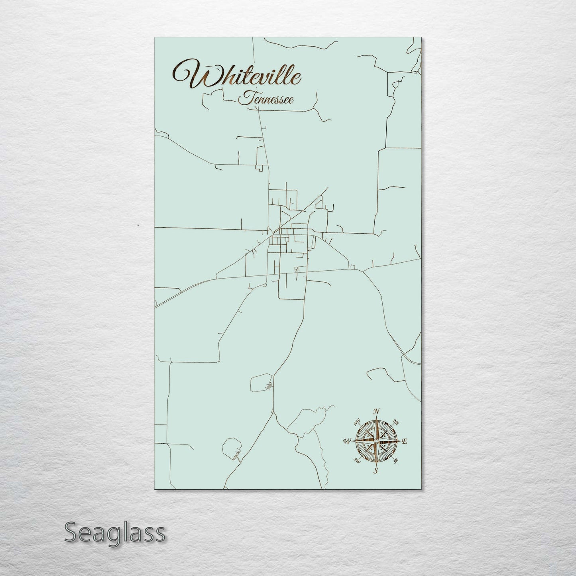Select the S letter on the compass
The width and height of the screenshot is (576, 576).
click(x=375, y=471)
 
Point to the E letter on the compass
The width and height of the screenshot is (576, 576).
click(x=404, y=441)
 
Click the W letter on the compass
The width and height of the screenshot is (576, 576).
click(x=346, y=441)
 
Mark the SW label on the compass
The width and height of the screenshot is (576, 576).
click(x=357, y=461)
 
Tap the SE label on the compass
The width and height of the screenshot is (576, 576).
click(x=395, y=461)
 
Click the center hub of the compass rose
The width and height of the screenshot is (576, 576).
click(x=376, y=441)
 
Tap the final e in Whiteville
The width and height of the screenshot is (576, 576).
click(x=297, y=79)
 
